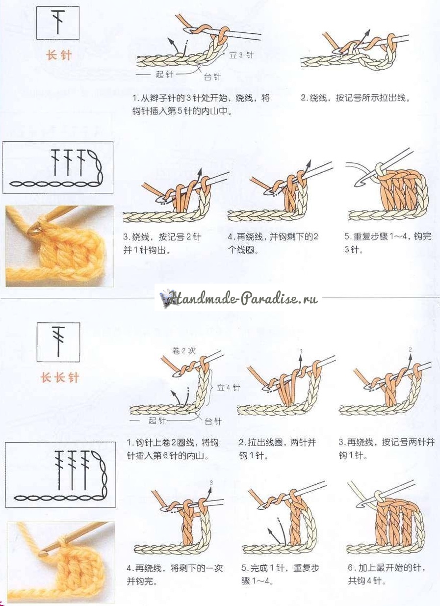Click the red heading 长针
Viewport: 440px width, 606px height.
59,55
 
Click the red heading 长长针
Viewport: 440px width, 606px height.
59,377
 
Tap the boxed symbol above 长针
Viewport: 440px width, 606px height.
58,23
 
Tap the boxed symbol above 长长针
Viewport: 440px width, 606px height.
58,340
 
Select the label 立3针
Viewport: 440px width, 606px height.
241,55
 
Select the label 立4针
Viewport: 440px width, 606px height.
229,388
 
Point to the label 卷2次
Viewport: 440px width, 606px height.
184,351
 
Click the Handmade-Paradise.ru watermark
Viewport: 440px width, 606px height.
240,298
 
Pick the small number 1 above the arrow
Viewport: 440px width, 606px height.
301,351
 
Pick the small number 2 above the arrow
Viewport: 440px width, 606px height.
410,349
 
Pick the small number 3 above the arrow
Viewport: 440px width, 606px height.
211,483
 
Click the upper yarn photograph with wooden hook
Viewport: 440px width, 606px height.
59,246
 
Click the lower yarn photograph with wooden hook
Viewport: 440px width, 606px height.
61,562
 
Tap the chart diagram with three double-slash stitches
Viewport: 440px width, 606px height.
60,474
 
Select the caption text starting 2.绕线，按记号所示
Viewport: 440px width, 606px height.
355,98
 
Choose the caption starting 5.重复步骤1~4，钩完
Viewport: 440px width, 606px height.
388,243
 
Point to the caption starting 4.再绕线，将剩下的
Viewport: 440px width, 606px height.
175,575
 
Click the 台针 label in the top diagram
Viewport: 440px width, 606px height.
212,78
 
